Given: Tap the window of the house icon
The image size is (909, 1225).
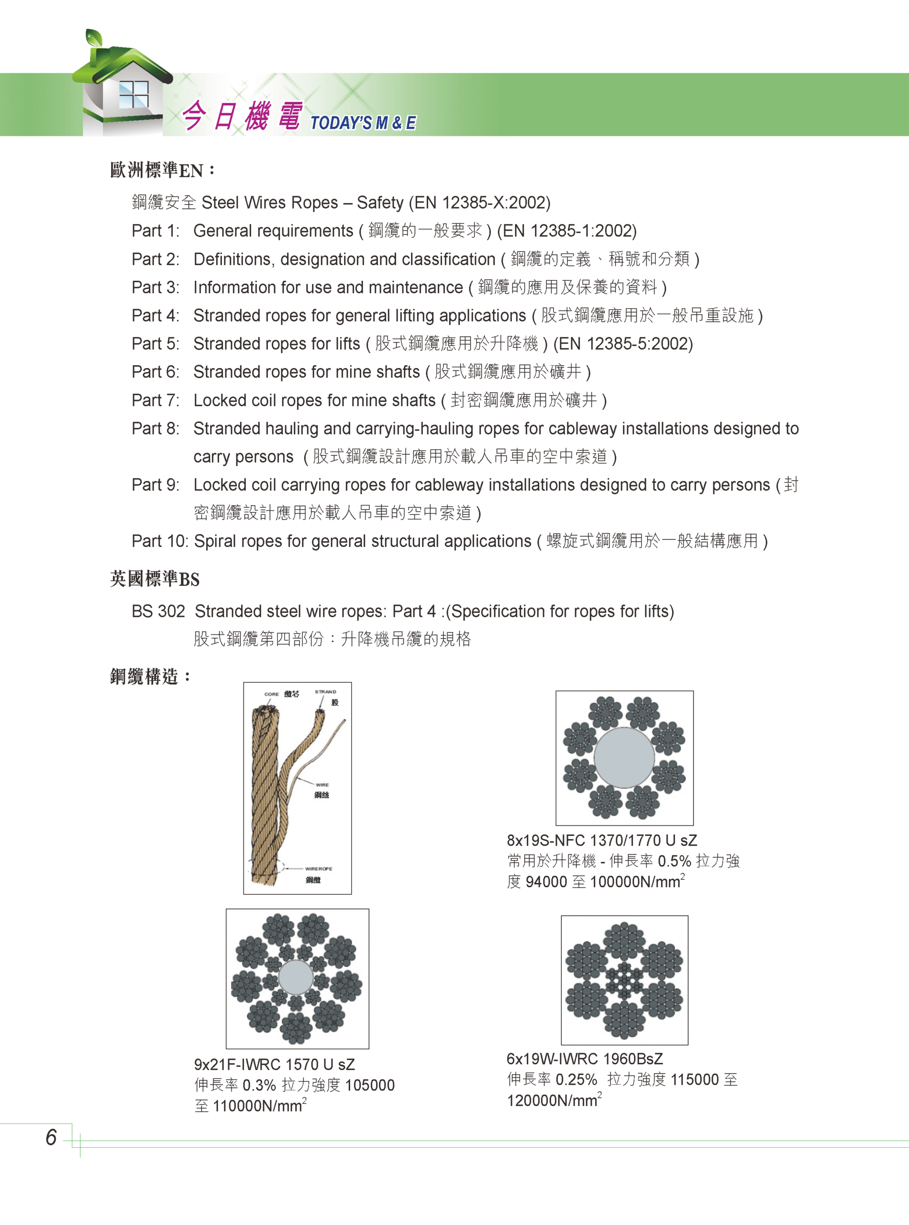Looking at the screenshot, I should click(133, 95).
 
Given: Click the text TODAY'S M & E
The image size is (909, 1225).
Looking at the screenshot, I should click(363, 122).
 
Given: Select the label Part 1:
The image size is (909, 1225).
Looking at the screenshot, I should click(155, 231).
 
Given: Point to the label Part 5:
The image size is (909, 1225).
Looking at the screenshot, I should click(155, 344).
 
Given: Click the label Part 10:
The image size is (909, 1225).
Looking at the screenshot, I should click(160, 541).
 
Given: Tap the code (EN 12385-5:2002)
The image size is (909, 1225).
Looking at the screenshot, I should click(623, 344).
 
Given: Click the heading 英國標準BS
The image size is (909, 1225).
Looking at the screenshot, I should click(155, 579).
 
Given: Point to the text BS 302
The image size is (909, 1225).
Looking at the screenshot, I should click(158, 611).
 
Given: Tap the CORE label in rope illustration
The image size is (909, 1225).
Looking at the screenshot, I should click(271, 694).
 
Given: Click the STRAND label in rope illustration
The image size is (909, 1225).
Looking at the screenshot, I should click(325, 692).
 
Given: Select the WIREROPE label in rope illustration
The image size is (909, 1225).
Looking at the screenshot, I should click(319, 869).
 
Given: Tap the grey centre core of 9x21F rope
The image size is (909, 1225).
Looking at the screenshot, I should click(296, 977).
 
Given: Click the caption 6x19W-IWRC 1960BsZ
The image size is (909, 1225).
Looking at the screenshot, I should click(584, 1059).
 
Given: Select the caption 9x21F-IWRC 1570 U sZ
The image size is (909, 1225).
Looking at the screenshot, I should click(274, 1064).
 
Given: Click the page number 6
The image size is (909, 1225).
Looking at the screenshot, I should click(51, 1137).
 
